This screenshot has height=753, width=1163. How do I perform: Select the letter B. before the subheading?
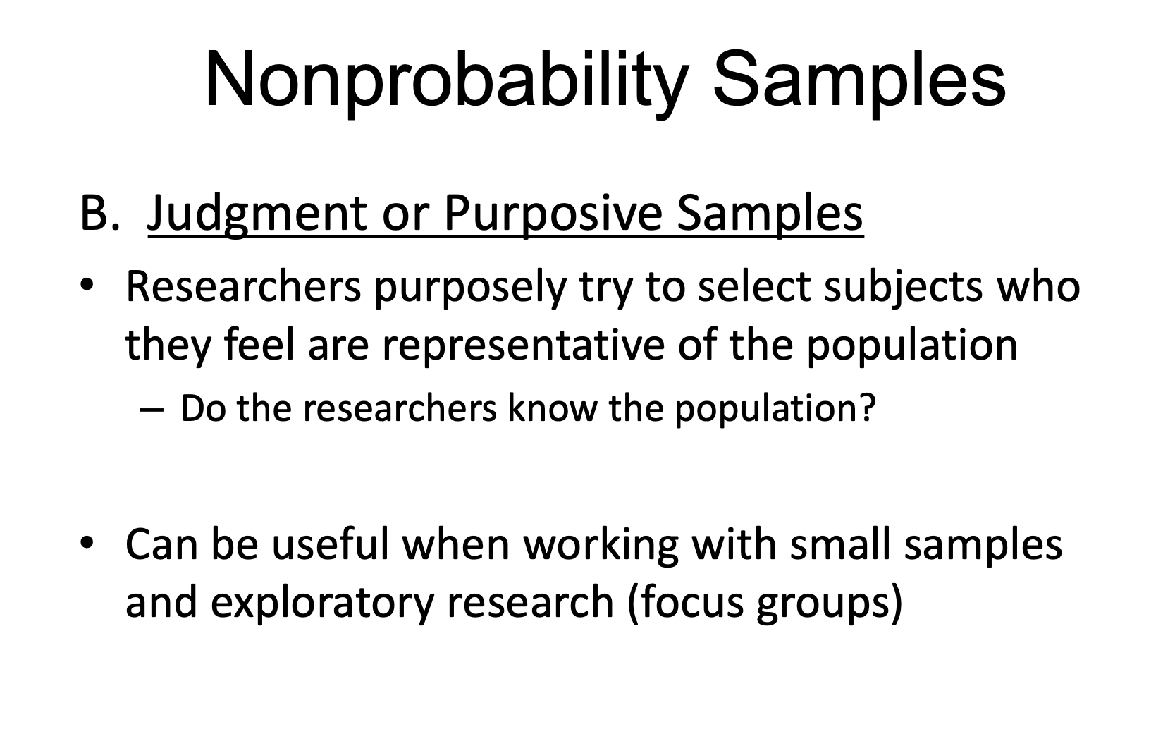[x=100, y=213]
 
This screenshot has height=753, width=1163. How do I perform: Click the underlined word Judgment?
[x=258, y=216]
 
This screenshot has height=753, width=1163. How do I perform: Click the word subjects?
[x=904, y=287]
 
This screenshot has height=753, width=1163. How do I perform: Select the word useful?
[x=330, y=544]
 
